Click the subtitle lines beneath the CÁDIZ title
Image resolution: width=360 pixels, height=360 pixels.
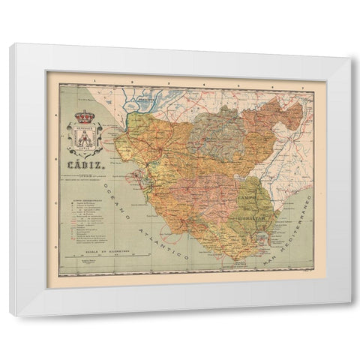pyautogui.click(x=83, y=169)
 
